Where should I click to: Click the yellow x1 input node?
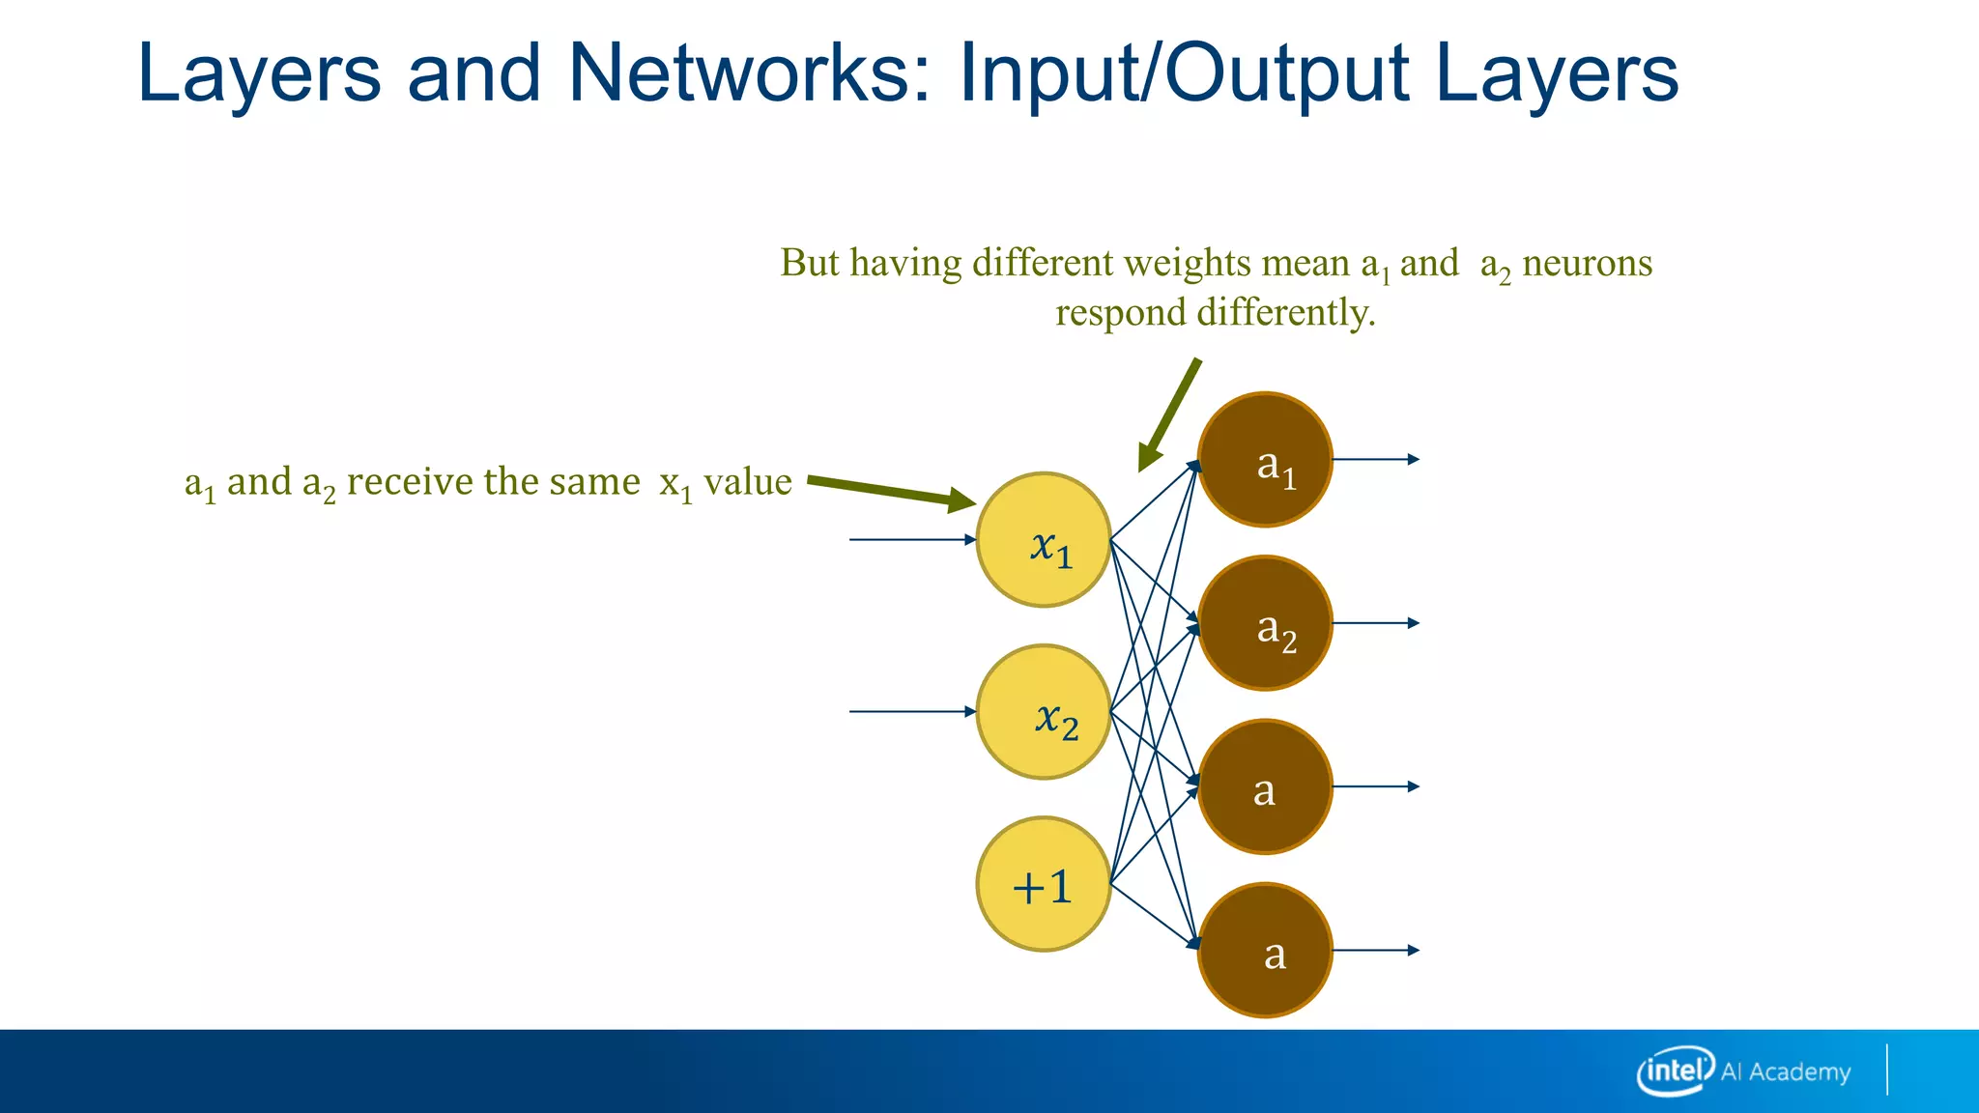pos(1044,540)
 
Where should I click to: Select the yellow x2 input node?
pos(1044,712)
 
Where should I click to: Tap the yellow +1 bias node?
pos(1044,884)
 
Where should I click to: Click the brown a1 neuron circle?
pos(1265,460)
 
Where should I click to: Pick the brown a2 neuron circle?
pos(1265,623)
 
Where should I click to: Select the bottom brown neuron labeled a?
pos(1265,951)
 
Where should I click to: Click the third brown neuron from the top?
pos(1265,786)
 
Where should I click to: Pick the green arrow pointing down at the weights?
pos(1170,415)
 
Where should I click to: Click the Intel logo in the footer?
pos(1675,1070)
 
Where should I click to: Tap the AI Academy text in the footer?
pos(1786,1071)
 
